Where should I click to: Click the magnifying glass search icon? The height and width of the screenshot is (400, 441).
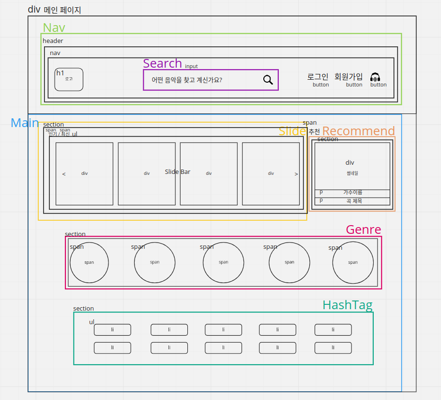[268, 80]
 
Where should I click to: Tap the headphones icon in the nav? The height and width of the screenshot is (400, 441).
[375, 77]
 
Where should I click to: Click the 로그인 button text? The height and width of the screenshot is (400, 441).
[318, 76]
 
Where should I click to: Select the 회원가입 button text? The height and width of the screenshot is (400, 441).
[349, 76]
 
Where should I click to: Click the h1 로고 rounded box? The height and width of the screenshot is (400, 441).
[69, 79]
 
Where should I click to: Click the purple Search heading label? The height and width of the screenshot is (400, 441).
[162, 63]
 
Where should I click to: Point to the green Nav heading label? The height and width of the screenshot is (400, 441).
[54, 28]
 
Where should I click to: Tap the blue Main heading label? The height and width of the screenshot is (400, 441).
[25, 123]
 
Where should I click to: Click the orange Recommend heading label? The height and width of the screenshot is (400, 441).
[358, 131]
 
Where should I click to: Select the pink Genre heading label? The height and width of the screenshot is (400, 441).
[363, 229]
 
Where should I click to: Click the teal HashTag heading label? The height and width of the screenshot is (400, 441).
[347, 305]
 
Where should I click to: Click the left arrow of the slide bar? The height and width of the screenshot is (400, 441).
[64, 174]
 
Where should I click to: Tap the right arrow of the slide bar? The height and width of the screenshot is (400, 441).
[296, 174]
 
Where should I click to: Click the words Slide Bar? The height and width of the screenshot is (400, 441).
[178, 171]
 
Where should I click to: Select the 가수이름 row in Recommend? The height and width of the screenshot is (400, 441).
[352, 193]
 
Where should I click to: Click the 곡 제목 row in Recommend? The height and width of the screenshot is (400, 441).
[352, 201]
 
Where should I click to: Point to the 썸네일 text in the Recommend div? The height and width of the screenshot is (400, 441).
[352, 173]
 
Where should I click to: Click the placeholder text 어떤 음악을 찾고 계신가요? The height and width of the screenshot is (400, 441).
[187, 80]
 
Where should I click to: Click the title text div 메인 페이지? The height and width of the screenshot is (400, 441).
[54, 9]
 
